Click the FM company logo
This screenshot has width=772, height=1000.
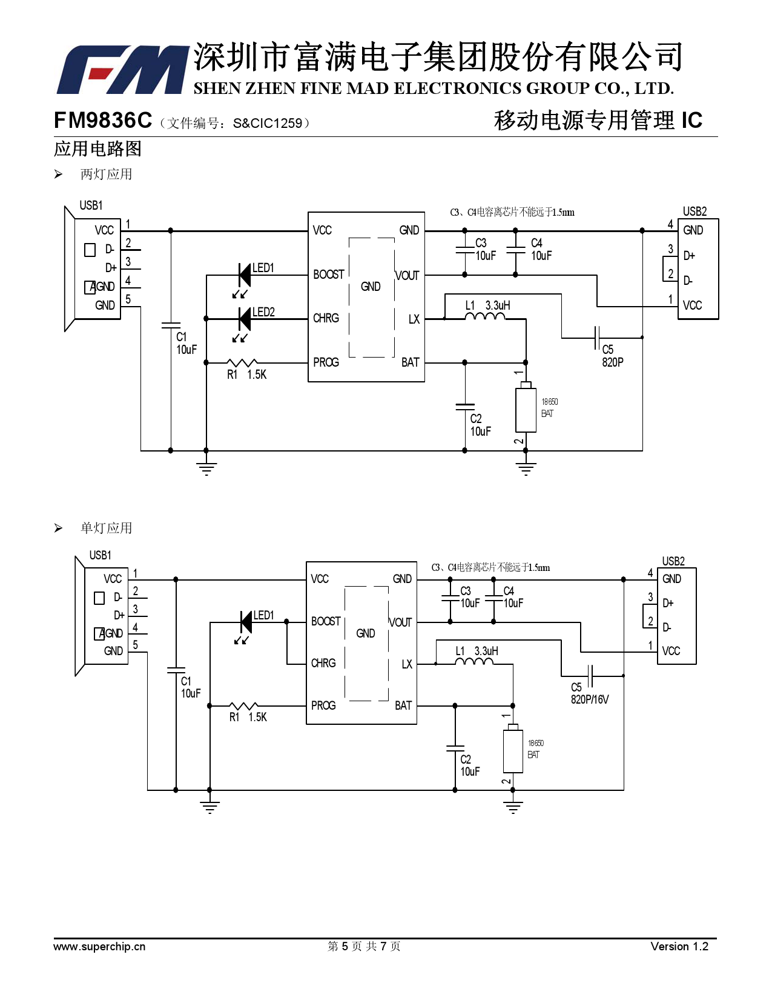point(121,70)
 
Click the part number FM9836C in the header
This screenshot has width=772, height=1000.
point(103,121)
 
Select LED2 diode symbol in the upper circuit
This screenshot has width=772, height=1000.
point(245,319)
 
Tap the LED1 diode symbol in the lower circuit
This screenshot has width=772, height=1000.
point(246,622)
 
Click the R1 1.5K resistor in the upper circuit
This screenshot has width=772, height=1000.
point(242,363)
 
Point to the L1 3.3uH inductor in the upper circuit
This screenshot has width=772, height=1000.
point(485,316)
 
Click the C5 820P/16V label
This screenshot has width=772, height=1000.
point(589,693)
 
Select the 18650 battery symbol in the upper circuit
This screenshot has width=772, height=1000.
point(526,409)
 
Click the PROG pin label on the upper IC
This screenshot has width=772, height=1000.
point(326,362)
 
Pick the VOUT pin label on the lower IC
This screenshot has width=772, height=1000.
point(400,622)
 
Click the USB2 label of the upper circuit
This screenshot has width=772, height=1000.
point(694,212)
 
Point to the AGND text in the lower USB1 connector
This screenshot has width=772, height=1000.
point(111,633)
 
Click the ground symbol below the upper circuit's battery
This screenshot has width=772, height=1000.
point(526,468)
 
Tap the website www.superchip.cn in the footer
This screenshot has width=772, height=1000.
point(99,947)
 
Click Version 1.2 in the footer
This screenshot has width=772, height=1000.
point(679,947)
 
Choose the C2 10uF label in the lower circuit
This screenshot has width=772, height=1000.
point(469,765)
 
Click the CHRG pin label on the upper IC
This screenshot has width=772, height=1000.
point(326,318)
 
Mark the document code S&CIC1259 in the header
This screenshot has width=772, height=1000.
point(267,123)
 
